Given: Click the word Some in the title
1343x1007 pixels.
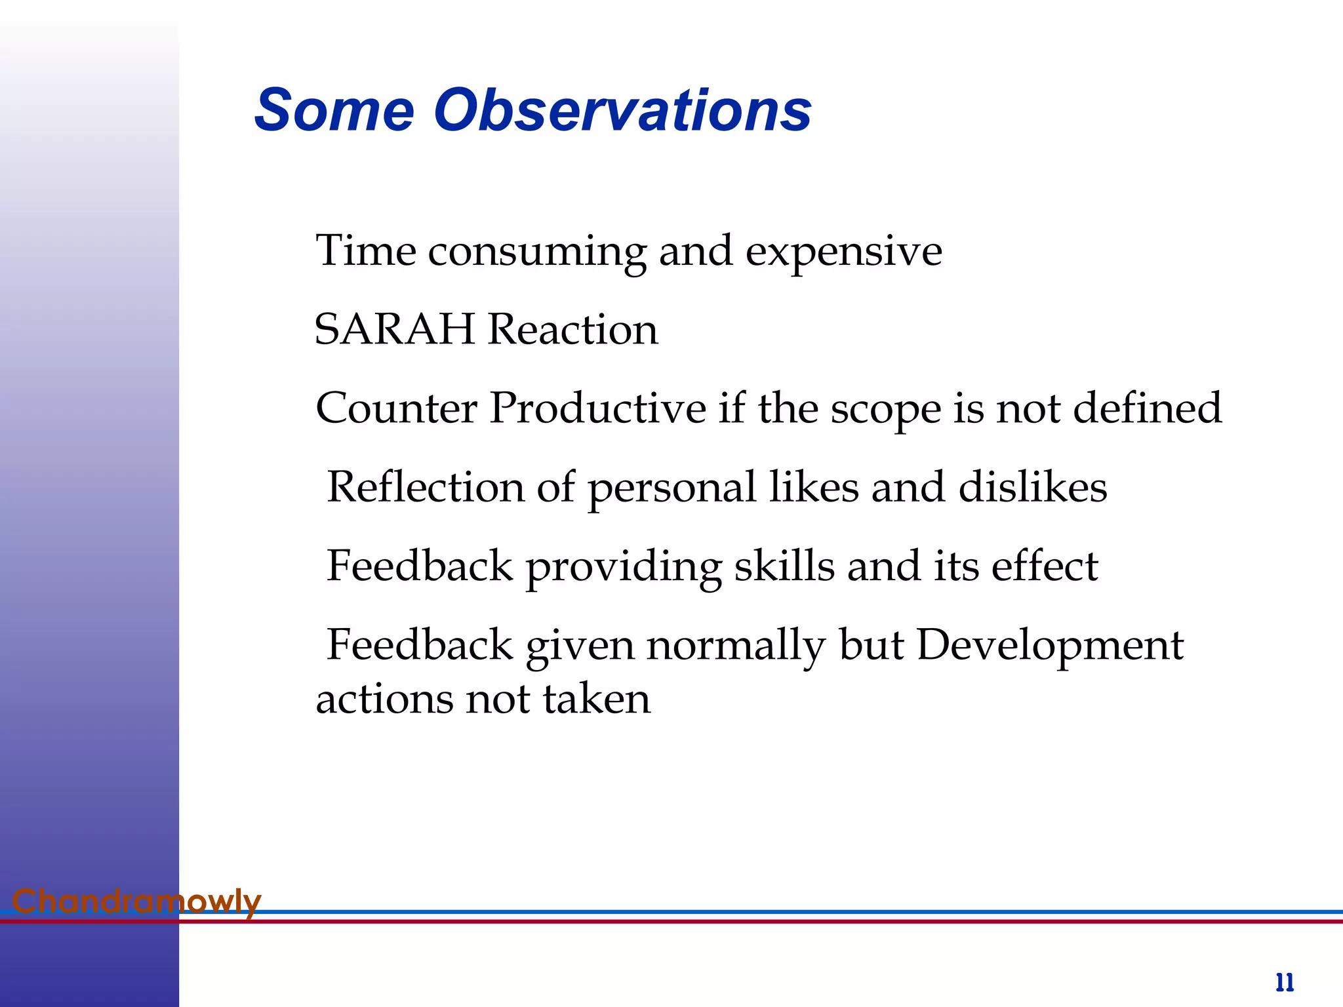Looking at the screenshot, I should [x=334, y=110].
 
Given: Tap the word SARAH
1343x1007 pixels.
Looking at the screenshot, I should [x=394, y=329].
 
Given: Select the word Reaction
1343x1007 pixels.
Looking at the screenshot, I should [x=573, y=329].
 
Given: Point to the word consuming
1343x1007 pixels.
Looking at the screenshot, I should [x=537, y=252].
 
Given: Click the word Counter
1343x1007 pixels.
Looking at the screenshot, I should [x=396, y=408].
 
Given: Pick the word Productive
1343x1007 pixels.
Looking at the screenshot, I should [x=597, y=408].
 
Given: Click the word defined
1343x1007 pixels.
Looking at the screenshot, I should [x=1147, y=408].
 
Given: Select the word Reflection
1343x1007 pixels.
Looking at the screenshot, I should [x=426, y=487].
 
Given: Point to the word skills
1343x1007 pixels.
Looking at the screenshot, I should [x=784, y=566].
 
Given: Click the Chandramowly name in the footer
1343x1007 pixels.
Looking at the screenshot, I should [x=136, y=901].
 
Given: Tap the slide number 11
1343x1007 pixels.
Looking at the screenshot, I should [x=1284, y=983].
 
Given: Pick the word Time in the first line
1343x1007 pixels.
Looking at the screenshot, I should [x=365, y=250].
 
